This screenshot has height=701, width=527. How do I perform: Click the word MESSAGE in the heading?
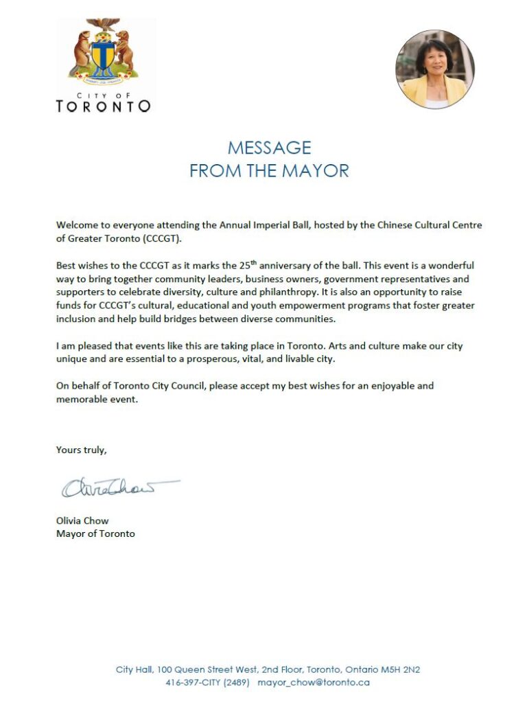269,148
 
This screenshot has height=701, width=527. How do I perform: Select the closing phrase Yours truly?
82,450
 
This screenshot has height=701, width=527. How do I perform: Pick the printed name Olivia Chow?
82,520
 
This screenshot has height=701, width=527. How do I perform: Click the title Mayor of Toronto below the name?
95,533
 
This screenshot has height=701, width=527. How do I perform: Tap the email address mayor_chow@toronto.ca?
314,682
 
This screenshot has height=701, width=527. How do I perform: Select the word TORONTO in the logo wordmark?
103,106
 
